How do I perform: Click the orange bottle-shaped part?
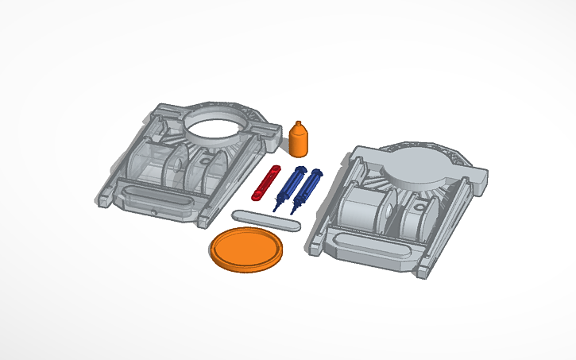[x=299, y=143]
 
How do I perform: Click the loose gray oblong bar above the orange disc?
[x=266, y=219]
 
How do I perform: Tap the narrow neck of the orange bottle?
[x=299, y=126]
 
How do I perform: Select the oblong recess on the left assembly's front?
[x=159, y=198]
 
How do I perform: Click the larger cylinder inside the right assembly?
[x=361, y=211]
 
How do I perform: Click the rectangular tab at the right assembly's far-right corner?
[x=477, y=182]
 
